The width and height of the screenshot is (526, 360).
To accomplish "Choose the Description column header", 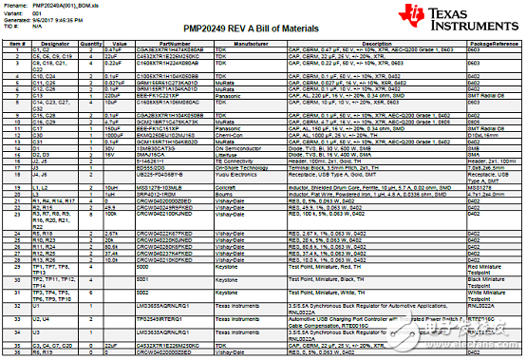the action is (375, 44).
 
